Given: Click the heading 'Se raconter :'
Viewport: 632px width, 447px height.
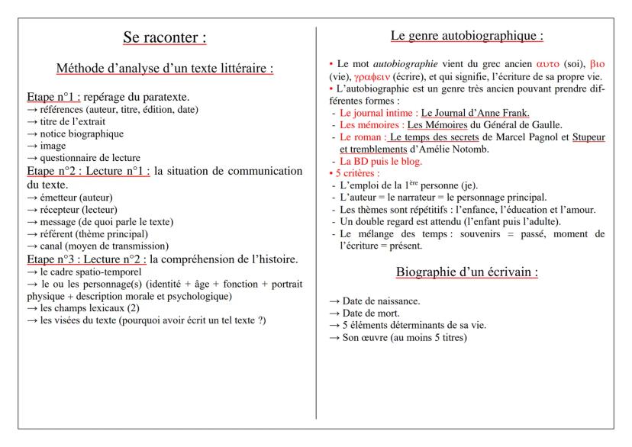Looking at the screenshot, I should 165,37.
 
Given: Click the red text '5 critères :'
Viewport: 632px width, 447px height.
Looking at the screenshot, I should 354,174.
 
